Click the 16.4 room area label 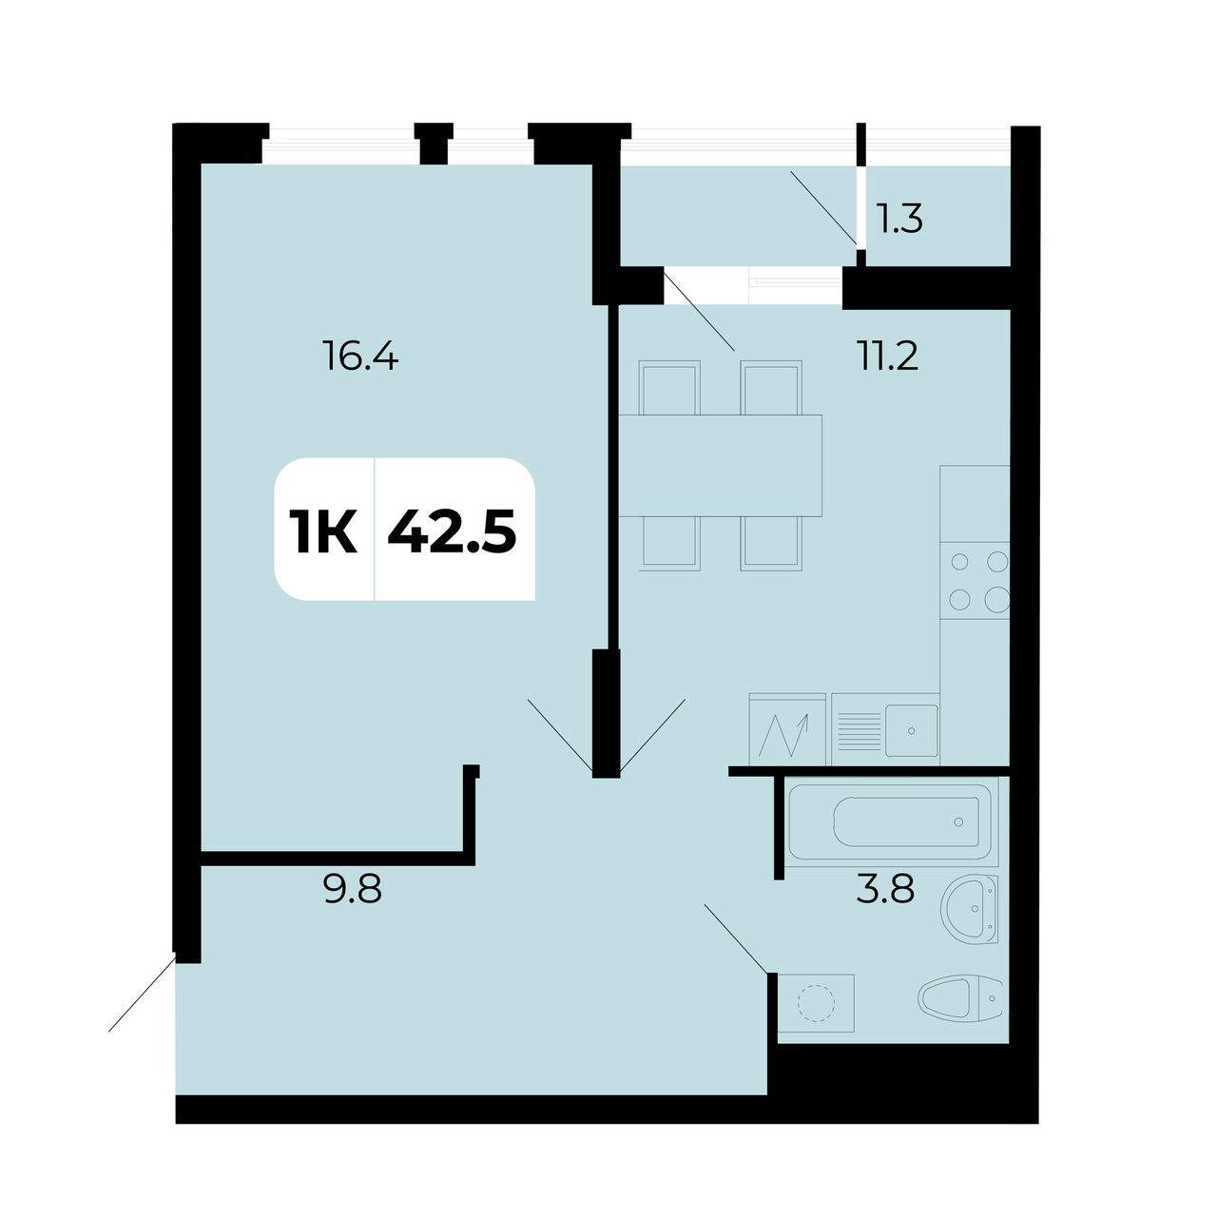pos(360,356)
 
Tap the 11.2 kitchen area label pos(887,356)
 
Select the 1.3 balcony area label pos(900,219)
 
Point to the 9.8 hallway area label pos(353,891)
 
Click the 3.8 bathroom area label pos(885,891)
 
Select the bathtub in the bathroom pos(890,821)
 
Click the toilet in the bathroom pos(960,998)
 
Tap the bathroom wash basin pos(970,910)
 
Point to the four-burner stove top pos(975,580)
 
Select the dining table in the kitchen pos(720,466)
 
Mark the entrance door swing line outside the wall pos(142,995)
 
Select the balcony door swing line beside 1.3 pos(823,206)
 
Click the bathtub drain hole pos(958,821)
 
